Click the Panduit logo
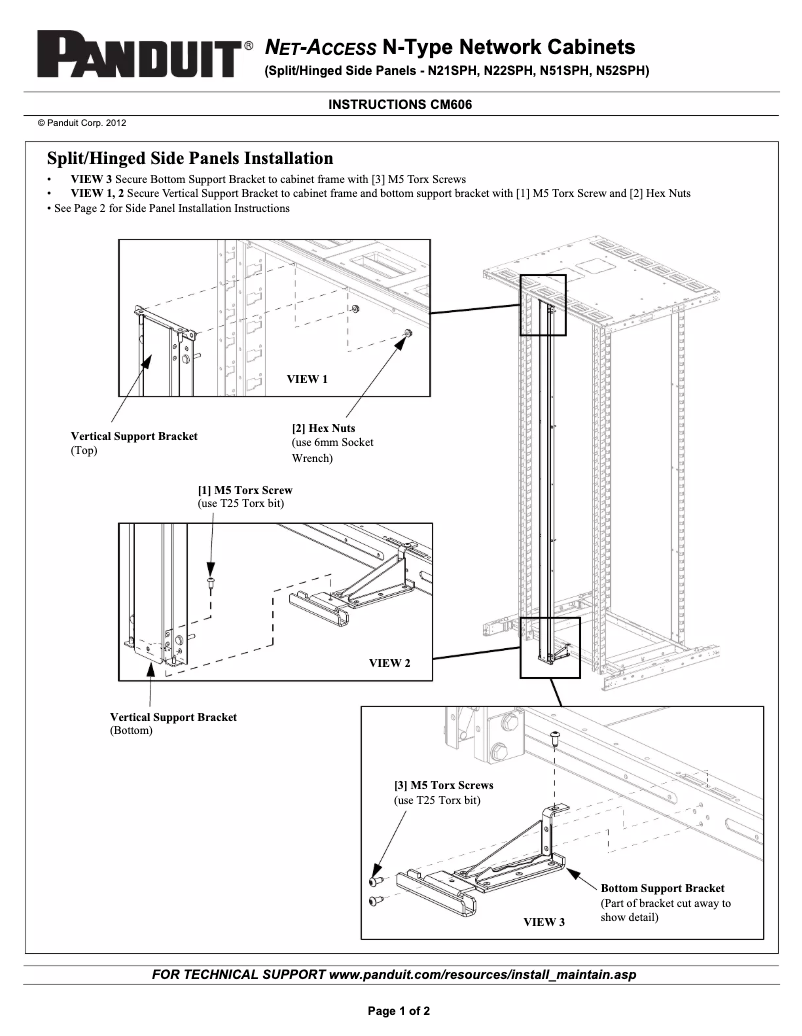point(138,56)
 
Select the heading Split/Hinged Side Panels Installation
point(190,159)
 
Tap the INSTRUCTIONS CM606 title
point(400,104)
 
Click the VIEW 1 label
point(307,379)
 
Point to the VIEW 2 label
point(390,663)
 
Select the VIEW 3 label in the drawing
point(544,921)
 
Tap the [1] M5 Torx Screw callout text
point(245,491)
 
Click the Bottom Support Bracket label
point(662,888)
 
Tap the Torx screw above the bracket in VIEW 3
point(554,738)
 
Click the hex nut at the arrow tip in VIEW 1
point(407,333)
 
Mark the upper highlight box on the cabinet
point(542,304)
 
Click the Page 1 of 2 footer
point(400,1011)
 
